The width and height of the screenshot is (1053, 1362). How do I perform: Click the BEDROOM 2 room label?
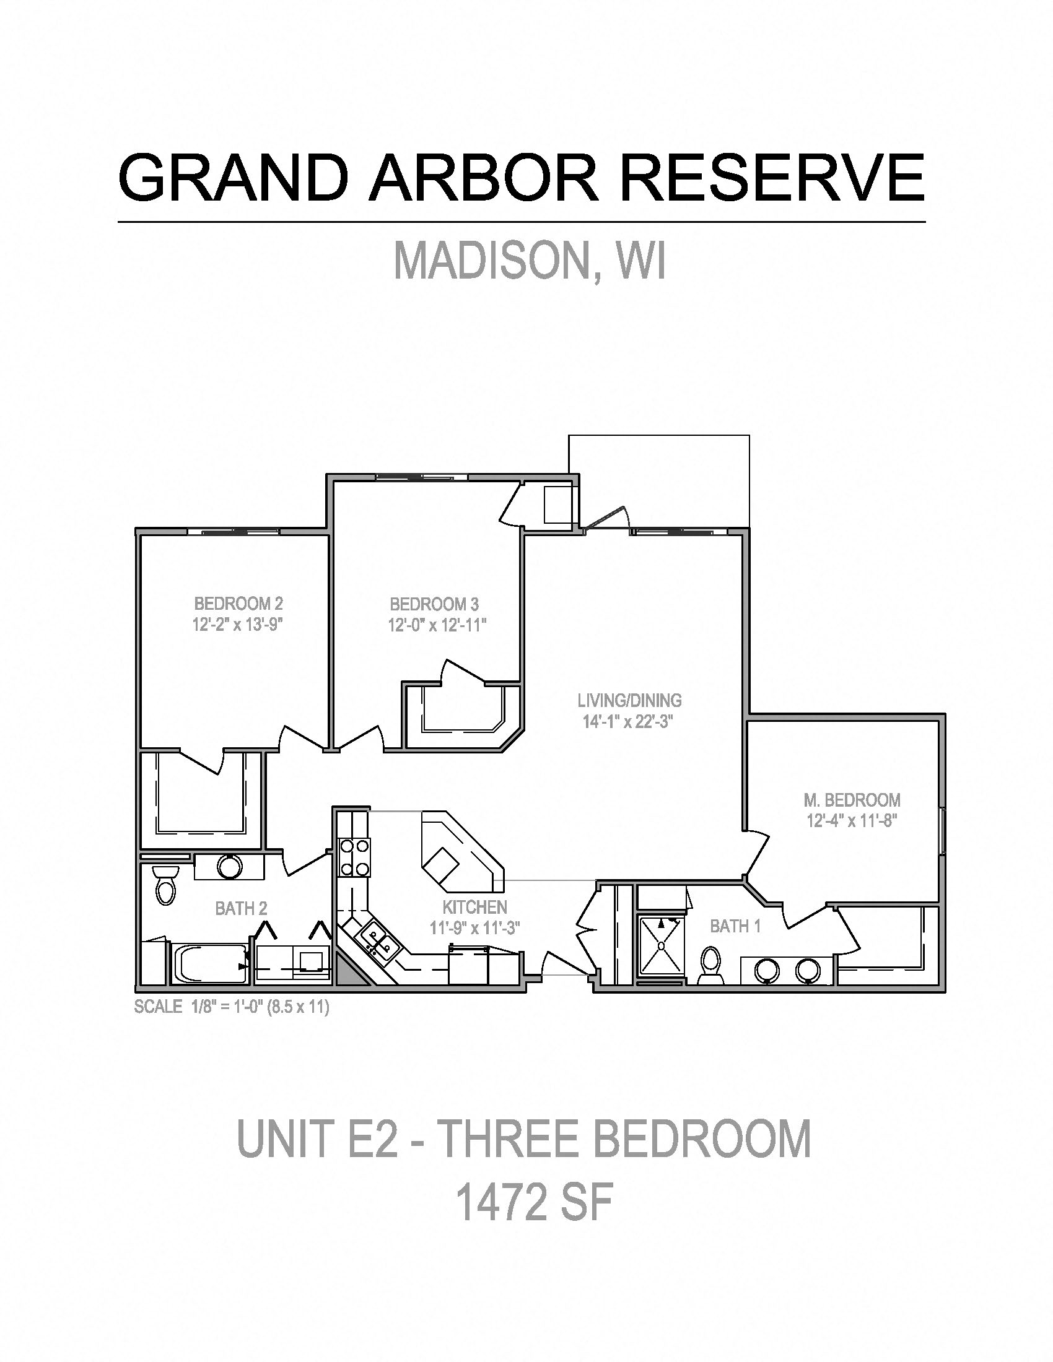[x=238, y=604]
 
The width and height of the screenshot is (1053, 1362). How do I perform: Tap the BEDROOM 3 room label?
[x=434, y=604]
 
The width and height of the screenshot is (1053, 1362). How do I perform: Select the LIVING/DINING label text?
[x=629, y=700]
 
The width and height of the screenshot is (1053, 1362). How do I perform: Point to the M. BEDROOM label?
[x=852, y=799]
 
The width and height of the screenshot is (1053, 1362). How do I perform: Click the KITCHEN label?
[x=474, y=907]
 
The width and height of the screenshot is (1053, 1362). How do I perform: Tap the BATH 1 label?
[x=735, y=926]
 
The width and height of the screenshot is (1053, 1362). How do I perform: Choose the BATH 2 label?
[x=241, y=909]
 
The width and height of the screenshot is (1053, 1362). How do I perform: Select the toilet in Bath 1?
[x=709, y=966]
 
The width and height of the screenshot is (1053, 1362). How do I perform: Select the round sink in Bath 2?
[x=230, y=866]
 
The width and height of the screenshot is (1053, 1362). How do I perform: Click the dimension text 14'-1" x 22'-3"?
[x=629, y=722]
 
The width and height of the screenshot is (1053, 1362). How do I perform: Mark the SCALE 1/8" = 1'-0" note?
[x=232, y=1007]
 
